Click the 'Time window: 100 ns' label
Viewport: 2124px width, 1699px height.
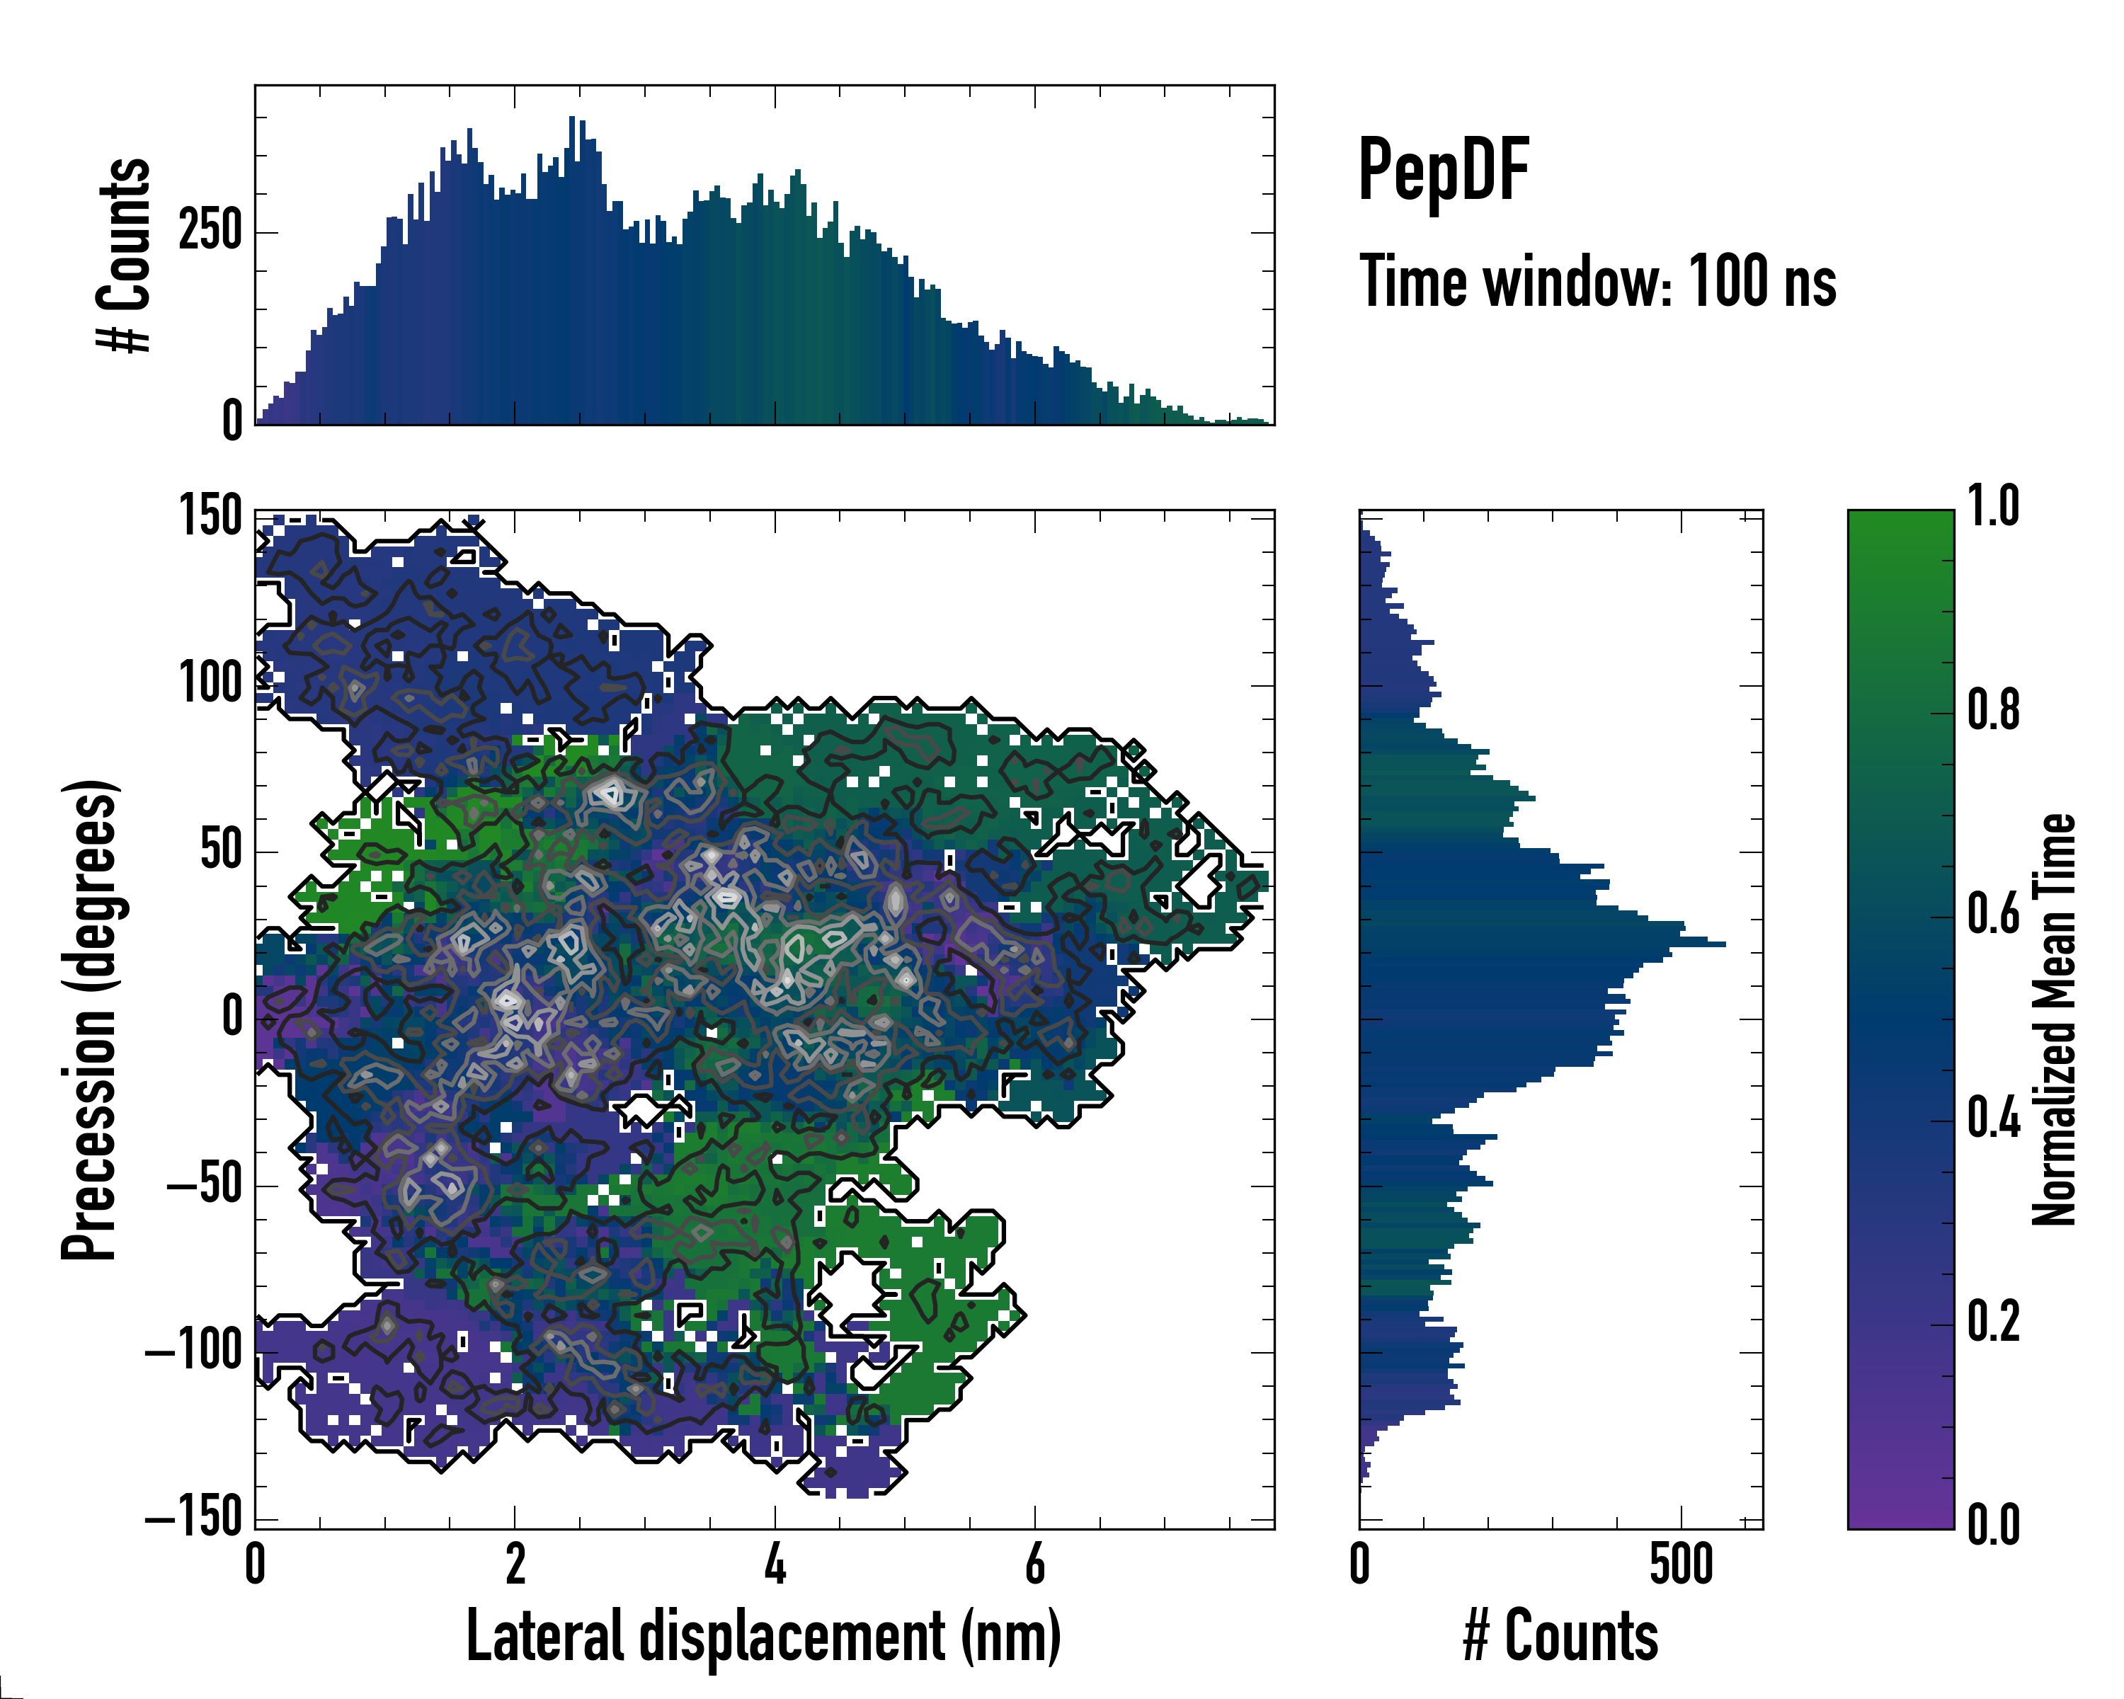tap(1597, 282)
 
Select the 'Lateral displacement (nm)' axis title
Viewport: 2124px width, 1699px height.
tap(763, 1636)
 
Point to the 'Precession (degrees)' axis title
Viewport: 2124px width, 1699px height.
tap(91, 1019)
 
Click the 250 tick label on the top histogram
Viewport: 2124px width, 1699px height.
tap(210, 232)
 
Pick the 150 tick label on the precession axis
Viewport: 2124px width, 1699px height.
tap(210, 515)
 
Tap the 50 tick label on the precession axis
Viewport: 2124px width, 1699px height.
tap(221, 850)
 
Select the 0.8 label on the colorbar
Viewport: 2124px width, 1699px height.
tap(1993, 710)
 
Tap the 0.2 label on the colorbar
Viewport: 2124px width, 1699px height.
tap(1993, 1322)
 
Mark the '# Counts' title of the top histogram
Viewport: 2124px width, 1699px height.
tap(125, 254)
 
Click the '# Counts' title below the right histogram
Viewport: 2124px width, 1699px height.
tap(1560, 1636)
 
